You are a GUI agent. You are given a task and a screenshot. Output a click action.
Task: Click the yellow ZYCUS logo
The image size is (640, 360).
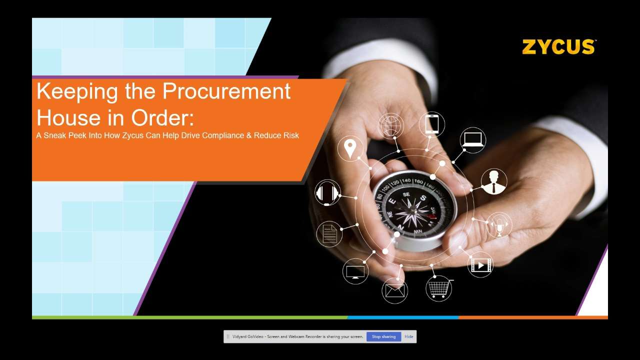click(x=558, y=47)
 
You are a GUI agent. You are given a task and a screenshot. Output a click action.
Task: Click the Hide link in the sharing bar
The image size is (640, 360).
click(x=409, y=336)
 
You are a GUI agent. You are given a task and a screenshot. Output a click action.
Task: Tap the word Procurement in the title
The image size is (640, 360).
click(x=226, y=91)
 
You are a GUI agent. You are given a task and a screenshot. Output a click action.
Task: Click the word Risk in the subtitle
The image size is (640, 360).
click(x=290, y=135)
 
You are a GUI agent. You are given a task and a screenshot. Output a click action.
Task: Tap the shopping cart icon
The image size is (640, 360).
click(x=439, y=288)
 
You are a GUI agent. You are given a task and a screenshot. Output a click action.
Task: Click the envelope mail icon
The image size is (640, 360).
click(x=394, y=290)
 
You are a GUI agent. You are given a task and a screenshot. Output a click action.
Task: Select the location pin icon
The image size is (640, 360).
click(x=350, y=148)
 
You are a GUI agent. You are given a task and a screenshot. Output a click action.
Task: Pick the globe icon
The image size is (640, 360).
click(x=390, y=125)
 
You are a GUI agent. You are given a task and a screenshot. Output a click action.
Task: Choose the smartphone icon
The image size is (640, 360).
click(x=432, y=124)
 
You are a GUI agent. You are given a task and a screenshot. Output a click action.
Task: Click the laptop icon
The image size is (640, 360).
click(x=472, y=139)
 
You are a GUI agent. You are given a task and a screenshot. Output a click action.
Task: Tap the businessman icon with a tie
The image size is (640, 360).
click(x=493, y=181)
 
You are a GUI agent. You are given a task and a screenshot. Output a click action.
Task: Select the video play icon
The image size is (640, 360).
click(x=480, y=265)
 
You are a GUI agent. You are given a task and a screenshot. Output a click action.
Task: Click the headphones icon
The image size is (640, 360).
click(x=327, y=193)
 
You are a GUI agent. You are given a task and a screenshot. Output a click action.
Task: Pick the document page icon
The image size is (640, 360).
click(x=329, y=233)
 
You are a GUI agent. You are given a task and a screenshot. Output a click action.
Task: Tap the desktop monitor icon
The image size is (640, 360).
click(x=355, y=271)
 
